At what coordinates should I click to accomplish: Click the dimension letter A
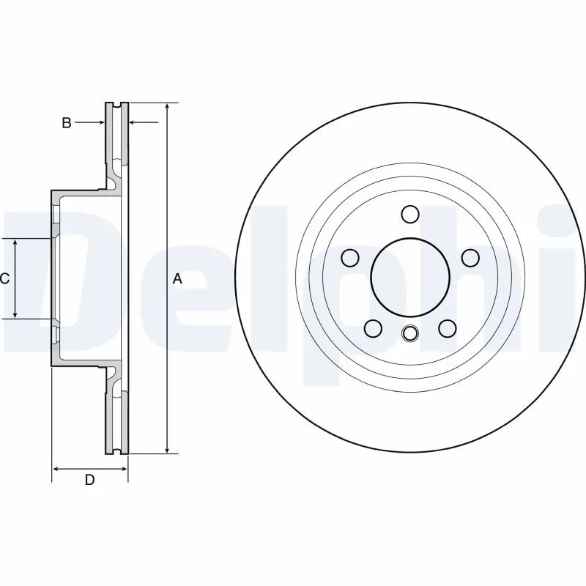click(177, 278)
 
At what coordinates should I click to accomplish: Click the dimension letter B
click(66, 123)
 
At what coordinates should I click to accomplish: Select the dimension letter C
click(4, 278)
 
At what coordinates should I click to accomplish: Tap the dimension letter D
click(89, 480)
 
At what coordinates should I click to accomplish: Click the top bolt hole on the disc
click(410, 214)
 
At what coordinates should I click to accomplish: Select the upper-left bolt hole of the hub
click(351, 257)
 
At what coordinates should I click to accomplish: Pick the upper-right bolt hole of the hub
click(470, 257)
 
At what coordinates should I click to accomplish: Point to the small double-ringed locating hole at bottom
click(410, 333)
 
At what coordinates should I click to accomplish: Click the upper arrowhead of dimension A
click(168, 107)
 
